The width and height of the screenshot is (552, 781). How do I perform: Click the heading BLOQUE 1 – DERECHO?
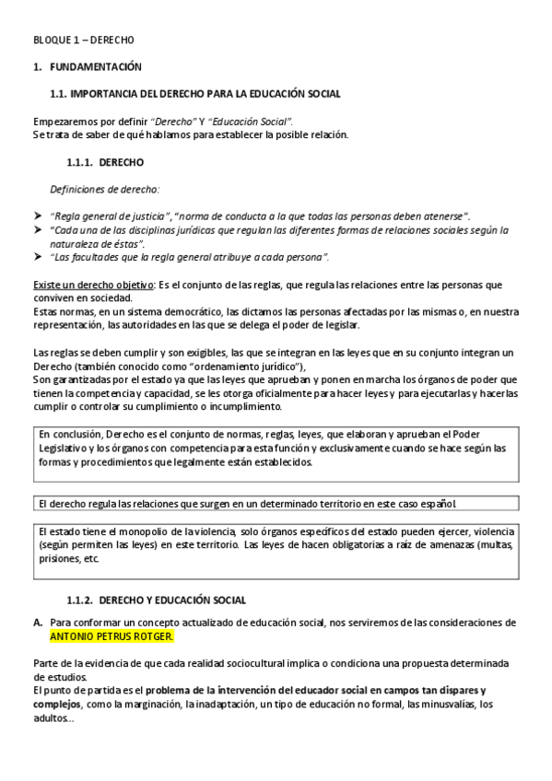(x=83, y=41)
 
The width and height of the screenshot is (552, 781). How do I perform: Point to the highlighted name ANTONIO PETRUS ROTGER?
(x=111, y=636)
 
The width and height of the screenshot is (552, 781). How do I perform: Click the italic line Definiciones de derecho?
(x=104, y=189)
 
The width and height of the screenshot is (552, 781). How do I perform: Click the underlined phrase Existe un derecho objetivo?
(x=92, y=285)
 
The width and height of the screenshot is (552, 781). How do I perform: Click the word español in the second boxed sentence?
(x=440, y=504)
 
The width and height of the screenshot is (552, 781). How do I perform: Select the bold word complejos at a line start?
(x=57, y=705)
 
